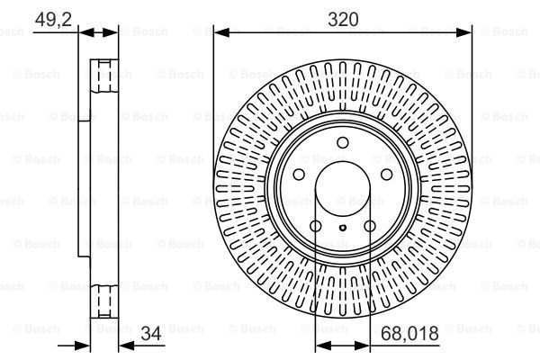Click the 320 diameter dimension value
point(343,17)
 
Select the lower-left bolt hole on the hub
point(315,226)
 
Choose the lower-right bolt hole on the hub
point(370,226)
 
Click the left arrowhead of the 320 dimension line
point(219,33)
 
